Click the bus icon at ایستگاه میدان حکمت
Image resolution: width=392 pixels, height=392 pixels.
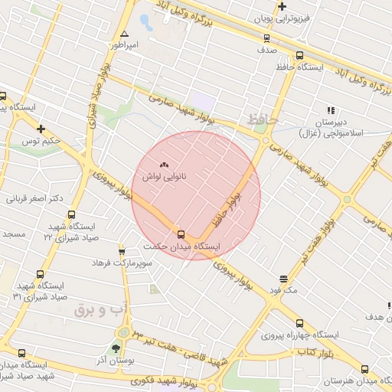(x=181, y=234)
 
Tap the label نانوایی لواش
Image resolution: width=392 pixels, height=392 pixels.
(x=164, y=176)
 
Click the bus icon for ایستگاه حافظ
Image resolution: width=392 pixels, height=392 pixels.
(x=299, y=55)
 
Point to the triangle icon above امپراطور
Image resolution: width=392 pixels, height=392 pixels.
(x=124, y=34)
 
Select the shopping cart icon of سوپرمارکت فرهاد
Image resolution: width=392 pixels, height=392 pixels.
(x=122, y=251)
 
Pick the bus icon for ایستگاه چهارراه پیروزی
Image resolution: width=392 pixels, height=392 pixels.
(x=299, y=323)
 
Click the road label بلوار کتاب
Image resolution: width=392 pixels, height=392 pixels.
(x=313, y=351)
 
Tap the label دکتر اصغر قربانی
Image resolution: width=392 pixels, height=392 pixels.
(x=34, y=198)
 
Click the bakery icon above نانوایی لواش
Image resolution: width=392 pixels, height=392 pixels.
(x=164, y=165)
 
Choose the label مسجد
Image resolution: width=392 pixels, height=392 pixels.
(x=13, y=232)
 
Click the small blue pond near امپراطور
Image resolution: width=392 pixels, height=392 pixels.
(x=145, y=21)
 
